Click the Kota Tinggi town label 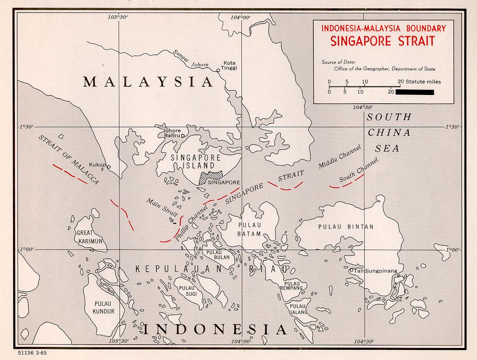230,65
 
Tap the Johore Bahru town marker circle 183,135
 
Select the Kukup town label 97,164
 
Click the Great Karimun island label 90,237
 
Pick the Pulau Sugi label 187,291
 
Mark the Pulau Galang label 297,309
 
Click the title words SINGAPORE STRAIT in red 382,41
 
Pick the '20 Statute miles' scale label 419,82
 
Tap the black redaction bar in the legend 415,92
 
